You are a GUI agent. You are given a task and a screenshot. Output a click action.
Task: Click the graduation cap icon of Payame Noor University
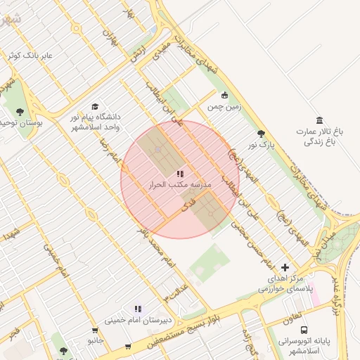pyautogui.click(x=95, y=105)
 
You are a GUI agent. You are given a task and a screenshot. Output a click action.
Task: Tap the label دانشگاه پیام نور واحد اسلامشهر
pyautogui.click(x=95, y=122)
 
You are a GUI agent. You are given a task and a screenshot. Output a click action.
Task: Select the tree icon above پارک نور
pyautogui.click(x=261, y=134)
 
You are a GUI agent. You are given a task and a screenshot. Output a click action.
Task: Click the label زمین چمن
pyautogui.click(x=224, y=107)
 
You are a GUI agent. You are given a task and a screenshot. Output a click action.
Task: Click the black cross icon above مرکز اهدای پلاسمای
pyautogui.click(x=285, y=267)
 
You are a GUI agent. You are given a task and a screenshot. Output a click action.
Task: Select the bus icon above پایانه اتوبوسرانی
pyautogui.click(x=304, y=330)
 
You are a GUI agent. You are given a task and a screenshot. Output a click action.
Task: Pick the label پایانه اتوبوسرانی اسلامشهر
pyautogui.click(x=304, y=345)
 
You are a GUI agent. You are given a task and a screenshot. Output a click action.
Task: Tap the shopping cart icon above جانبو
pyautogui.click(x=95, y=330)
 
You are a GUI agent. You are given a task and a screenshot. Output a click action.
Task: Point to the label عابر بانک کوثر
pyautogui.click(x=28, y=55)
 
